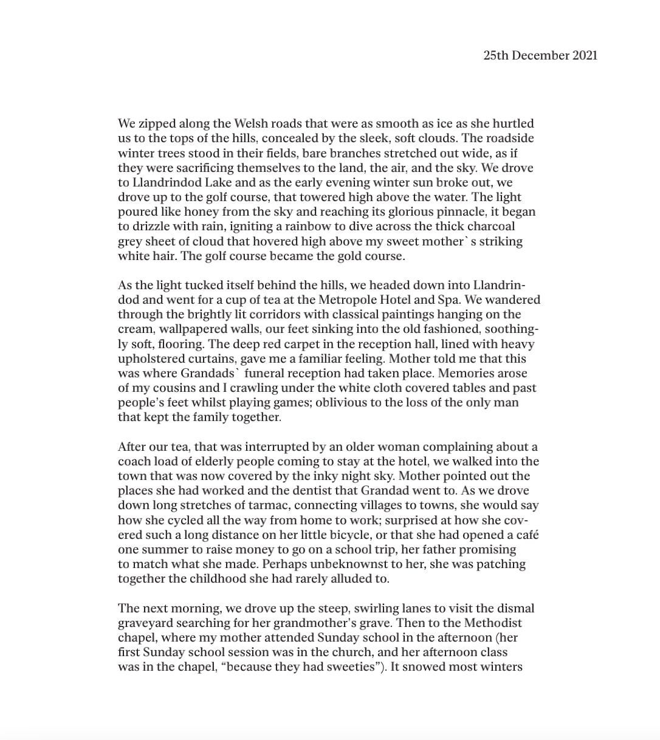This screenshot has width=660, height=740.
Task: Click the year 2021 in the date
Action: (x=585, y=55)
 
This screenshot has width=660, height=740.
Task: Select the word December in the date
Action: (x=540, y=55)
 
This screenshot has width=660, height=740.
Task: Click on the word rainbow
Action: (x=303, y=227)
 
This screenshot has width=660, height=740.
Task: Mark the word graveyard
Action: (x=146, y=623)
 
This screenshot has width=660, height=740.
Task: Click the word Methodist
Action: (x=493, y=623)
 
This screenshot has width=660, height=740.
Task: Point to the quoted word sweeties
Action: (x=345, y=666)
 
